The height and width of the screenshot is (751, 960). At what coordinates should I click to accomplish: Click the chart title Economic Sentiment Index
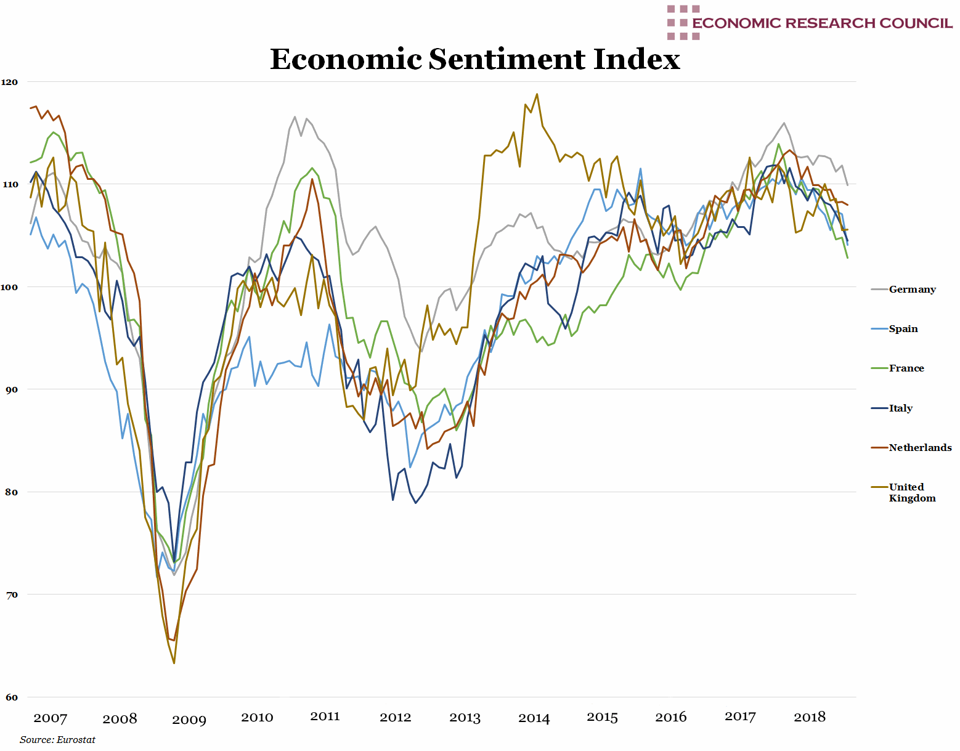475,60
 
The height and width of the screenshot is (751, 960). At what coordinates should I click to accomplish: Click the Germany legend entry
912,290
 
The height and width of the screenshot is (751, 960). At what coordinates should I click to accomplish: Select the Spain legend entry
903,329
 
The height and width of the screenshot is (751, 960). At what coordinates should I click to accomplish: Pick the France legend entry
906,368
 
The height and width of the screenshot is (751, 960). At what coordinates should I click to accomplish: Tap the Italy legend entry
900,408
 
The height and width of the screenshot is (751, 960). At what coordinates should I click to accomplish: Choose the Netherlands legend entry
920,448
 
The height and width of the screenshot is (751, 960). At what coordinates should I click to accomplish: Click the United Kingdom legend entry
911,492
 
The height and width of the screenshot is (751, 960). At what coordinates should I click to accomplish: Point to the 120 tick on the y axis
10,82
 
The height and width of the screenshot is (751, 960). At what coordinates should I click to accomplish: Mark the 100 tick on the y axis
10,287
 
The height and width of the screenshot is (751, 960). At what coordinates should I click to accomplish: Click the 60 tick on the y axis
12,697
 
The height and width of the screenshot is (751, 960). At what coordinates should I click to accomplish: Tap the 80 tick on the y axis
12,492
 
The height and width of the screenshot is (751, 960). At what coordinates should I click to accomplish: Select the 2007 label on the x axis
51,718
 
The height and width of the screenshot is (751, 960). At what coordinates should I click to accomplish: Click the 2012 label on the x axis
395,718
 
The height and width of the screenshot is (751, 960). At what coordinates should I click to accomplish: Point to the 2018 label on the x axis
810,717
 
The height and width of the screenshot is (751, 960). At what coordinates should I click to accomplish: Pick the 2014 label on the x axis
534,718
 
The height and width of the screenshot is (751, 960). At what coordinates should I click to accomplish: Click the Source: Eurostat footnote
57,740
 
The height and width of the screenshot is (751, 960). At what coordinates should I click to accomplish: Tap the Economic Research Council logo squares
683,23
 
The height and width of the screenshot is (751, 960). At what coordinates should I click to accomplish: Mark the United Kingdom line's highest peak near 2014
537,94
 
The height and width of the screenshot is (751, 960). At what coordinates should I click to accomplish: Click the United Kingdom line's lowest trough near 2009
174,663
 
